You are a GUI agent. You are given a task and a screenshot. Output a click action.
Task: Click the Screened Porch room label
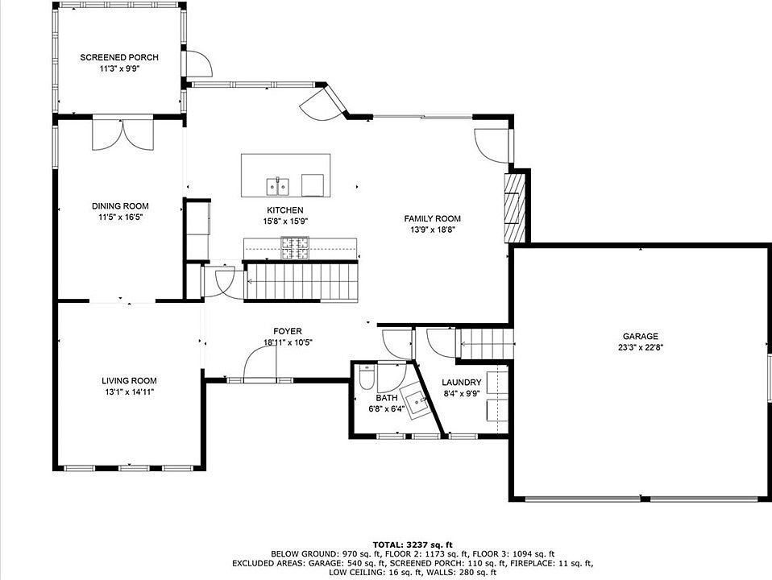(119, 58)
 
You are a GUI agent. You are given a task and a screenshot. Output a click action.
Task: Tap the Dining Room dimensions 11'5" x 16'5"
(120, 217)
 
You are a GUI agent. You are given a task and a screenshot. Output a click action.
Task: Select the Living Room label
(129, 380)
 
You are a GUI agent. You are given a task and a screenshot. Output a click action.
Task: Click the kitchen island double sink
(278, 187)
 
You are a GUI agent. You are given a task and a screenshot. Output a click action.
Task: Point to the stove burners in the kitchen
(295, 248)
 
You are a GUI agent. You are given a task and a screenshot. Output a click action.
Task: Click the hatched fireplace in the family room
(514, 208)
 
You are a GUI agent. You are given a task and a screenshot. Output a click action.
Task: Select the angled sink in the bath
(416, 401)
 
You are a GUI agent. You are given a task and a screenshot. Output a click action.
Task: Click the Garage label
(640, 336)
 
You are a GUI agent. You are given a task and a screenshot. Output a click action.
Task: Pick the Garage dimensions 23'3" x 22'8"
(640, 347)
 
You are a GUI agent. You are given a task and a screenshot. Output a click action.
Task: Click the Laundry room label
(461, 383)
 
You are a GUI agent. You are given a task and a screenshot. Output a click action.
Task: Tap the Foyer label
(288, 331)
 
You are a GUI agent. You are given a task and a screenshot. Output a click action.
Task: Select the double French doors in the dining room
(123, 133)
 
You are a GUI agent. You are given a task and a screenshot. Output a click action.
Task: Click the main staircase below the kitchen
(301, 282)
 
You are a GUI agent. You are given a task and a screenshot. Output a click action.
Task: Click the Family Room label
(432, 218)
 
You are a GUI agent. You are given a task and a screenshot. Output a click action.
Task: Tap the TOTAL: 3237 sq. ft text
(413, 545)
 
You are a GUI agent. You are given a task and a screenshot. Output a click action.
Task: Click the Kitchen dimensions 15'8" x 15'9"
(285, 221)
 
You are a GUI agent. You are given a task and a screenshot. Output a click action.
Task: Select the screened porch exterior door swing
(199, 63)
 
